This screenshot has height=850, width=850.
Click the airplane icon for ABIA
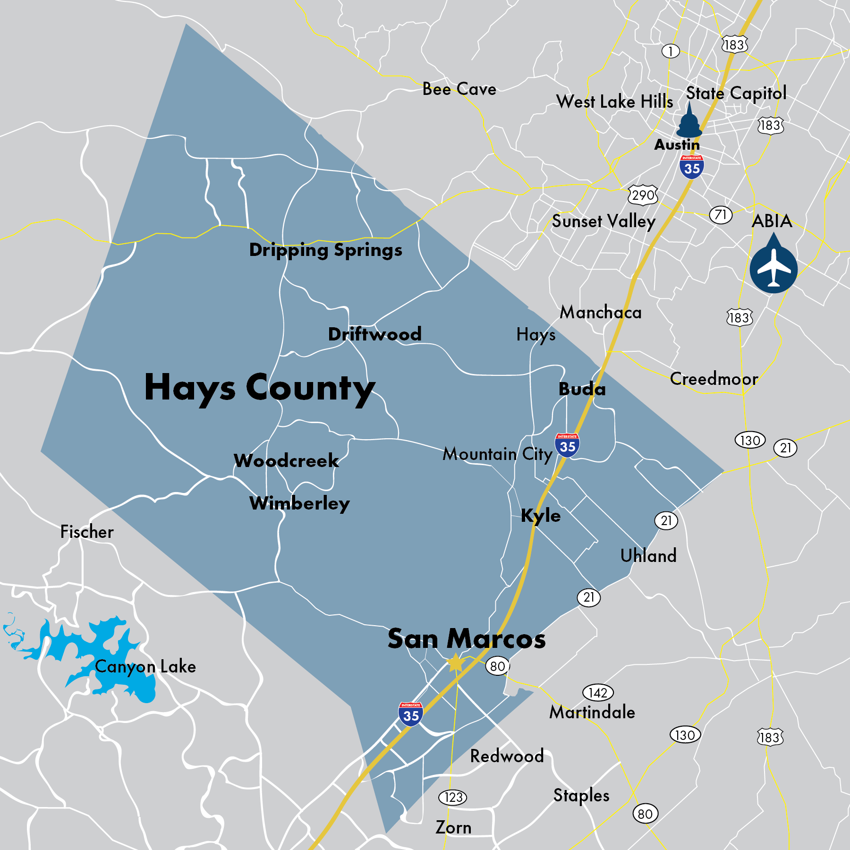coord(773,268)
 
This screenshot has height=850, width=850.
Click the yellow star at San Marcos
coord(456,663)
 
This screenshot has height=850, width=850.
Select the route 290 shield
coord(643,195)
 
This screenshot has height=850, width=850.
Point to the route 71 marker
coord(720,215)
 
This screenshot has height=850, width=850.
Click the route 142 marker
coord(598,693)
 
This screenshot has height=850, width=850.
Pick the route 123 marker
coord(453,798)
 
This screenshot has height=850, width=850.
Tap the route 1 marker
coord(670,51)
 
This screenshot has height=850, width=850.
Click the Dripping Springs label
coord(325,250)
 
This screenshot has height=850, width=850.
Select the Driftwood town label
coord(374,334)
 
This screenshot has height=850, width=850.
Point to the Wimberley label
coord(299,503)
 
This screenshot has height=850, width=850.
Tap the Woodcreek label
coord(286,461)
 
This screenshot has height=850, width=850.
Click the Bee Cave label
coord(459,89)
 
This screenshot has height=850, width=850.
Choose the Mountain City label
coord(497,454)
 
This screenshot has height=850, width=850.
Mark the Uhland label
coord(648,556)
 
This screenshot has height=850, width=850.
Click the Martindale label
coord(592,712)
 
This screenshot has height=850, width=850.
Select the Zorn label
coord(453,828)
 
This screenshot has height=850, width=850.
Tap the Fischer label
coord(87,532)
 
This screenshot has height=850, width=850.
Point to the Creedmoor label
coord(714,379)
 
